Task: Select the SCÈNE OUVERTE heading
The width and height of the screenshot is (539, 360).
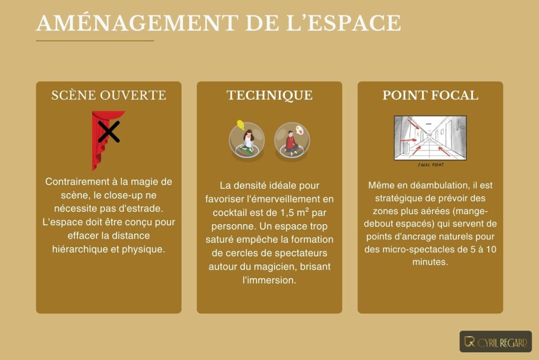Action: (109, 95)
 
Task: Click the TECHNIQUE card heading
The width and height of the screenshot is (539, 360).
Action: (269, 95)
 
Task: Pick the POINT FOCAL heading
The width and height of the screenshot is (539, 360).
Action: (430, 95)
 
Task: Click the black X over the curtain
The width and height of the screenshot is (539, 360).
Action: (109, 132)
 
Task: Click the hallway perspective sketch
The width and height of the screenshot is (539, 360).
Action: (430, 138)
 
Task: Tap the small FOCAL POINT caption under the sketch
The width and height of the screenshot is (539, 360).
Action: (430, 165)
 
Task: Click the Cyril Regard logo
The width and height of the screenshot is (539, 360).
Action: (495, 342)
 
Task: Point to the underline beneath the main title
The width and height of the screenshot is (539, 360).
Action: (95, 41)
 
